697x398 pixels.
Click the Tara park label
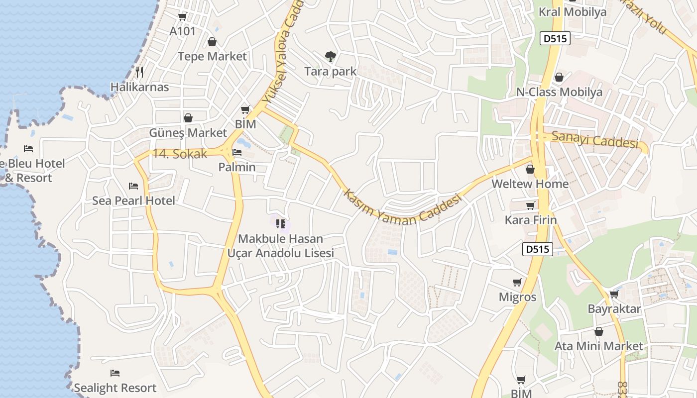click(330, 71)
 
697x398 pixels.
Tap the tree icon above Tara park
click(330, 56)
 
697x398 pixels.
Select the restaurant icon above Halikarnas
click(139, 72)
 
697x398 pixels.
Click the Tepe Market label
click(212, 56)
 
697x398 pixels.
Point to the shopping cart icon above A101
click(182, 17)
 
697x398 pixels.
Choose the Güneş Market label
click(188, 133)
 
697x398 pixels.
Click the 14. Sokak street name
click(179, 154)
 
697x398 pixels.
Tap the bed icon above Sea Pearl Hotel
click(133, 186)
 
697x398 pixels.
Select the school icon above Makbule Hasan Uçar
click(280, 224)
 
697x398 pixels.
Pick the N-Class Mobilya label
click(559, 92)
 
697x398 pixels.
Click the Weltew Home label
click(530, 184)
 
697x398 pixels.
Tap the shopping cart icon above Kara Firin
click(531, 205)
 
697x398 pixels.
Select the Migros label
click(518, 297)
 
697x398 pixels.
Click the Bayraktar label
click(614, 308)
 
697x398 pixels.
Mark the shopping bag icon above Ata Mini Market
click(599, 331)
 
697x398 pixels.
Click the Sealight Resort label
click(115, 388)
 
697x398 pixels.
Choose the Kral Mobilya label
click(573, 11)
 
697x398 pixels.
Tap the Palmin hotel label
click(237, 167)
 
